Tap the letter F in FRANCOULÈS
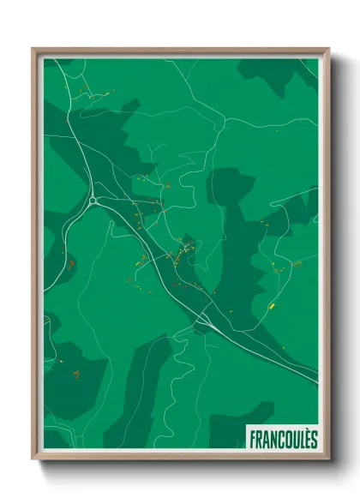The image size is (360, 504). point(253,438)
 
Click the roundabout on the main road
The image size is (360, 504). point(92,201)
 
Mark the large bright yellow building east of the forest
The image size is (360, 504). point(272,305)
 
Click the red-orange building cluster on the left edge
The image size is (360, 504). point(72,263)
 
